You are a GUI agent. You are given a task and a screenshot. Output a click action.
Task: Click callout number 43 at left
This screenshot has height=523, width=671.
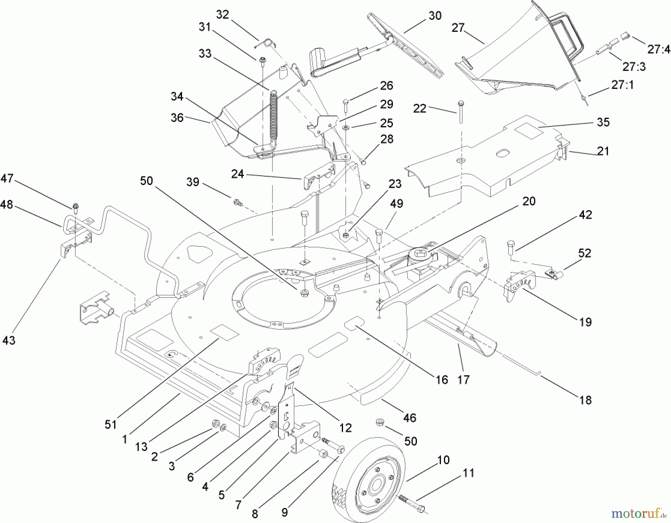9,340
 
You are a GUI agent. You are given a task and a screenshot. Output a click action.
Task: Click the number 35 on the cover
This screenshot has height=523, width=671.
603,122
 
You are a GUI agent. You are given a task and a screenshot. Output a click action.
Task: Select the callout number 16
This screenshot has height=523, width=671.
442,379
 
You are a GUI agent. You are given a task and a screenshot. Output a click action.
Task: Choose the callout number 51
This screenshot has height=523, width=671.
111,424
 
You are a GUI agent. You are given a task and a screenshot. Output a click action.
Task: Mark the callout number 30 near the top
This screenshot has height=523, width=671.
435,16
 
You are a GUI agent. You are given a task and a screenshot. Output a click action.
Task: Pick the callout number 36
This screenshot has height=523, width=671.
177,118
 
